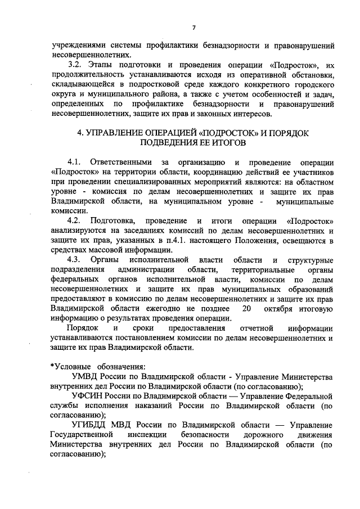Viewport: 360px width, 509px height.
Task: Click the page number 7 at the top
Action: (193, 28)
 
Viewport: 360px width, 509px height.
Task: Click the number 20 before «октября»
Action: (245, 309)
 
